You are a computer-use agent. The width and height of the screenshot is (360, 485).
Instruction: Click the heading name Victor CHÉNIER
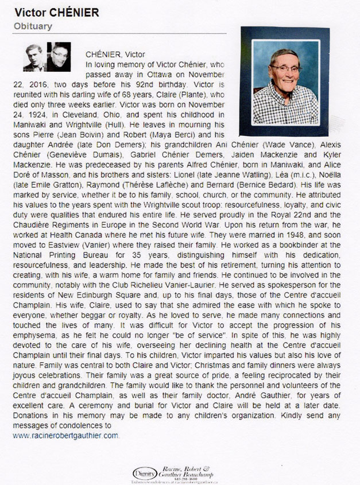[x=56, y=12]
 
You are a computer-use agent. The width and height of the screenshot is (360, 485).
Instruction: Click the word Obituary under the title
[x=33, y=26]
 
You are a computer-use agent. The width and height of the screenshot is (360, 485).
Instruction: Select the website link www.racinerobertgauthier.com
[x=65, y=436]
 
